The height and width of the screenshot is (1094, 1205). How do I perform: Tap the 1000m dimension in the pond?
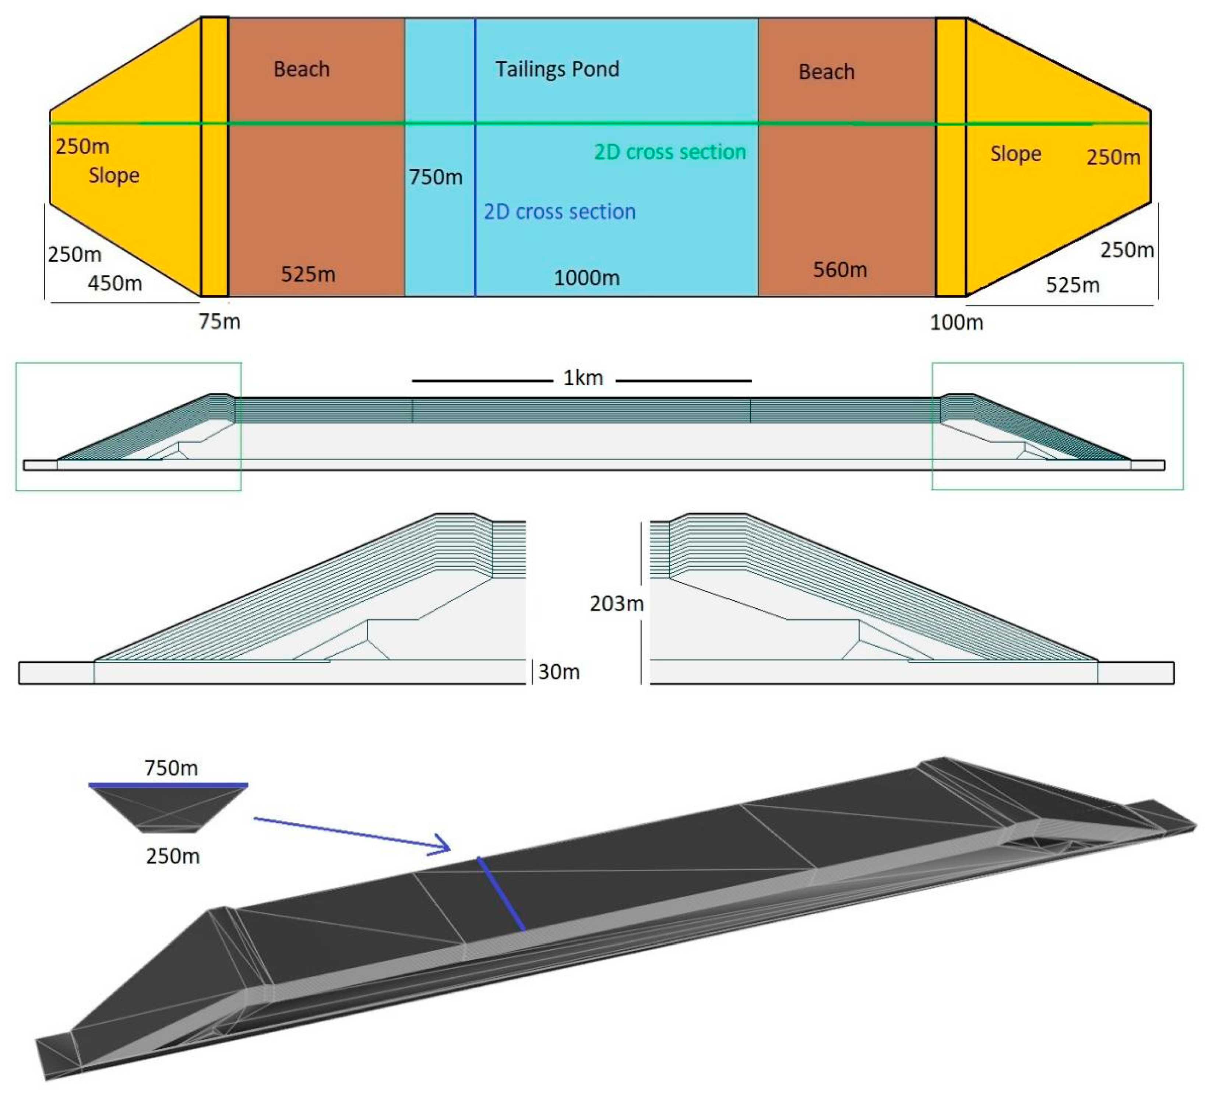586,278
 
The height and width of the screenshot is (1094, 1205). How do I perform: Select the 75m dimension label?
219,321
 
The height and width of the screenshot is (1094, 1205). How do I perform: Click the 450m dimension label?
115,283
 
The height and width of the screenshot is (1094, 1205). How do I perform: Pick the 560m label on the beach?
840,270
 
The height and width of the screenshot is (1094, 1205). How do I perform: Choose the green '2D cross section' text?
670,152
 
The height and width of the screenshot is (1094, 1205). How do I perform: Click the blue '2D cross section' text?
560,212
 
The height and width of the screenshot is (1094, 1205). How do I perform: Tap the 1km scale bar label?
583,378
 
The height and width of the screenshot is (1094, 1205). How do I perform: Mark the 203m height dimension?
617,604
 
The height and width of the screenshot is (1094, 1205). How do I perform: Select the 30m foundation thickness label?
559,672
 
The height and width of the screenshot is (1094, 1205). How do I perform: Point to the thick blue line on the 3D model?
501,894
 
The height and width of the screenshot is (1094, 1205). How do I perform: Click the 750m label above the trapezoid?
171,768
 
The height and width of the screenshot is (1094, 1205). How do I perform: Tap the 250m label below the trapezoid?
173,856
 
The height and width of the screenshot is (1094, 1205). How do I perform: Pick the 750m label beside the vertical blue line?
436,177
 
